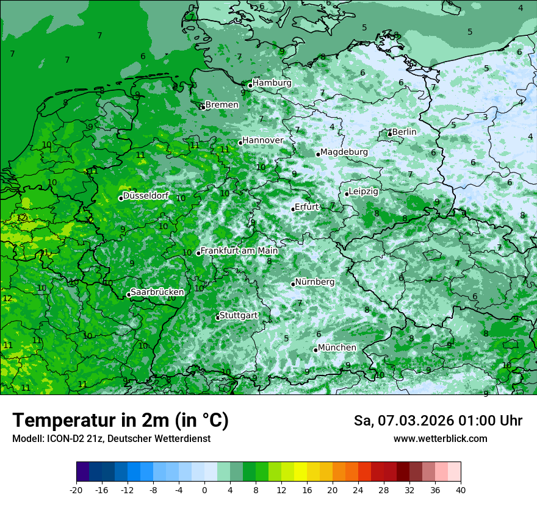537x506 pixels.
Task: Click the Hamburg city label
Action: coord(272,83)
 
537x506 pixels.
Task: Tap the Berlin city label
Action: coord(404,132)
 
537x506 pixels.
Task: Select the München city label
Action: coord(337,347)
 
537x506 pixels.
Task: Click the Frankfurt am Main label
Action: coord(239,251)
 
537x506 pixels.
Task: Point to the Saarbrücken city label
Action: coord(157,292)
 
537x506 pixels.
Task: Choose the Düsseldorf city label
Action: coord(146,196)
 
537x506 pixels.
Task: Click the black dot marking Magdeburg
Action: coord(318,154)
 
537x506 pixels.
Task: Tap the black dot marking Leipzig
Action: coord(347,194)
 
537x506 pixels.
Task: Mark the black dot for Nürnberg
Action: coord(293,284)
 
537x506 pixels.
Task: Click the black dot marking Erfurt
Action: coord(293,209)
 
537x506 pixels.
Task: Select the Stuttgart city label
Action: coord(238,315)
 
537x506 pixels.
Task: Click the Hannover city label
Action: coord(263,140)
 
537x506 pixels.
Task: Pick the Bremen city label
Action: coord(222,105)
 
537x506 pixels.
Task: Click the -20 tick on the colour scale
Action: coord(76,490)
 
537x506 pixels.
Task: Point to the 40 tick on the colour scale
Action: coord(461,490)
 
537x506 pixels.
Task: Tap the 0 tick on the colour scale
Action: coord(204,490)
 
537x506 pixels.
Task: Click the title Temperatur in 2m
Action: coord(120,421)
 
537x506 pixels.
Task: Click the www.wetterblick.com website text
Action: coord(440,439)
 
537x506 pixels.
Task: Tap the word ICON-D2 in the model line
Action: coord(63,439)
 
